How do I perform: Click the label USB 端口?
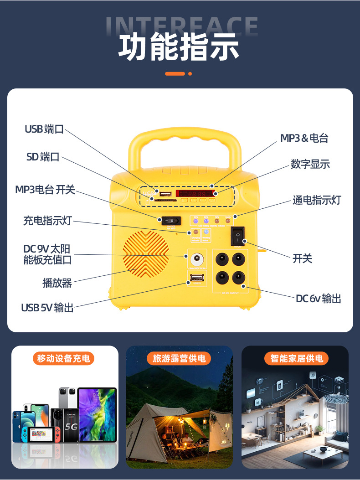point(44,129)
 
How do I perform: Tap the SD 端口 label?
point(43,157)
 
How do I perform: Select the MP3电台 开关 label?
point(45,190)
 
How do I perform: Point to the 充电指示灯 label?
point(47,221)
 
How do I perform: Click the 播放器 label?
point(57,283)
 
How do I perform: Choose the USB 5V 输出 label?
point(47,308)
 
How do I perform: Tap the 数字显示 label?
point(310,165)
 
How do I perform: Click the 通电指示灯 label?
point(316,200)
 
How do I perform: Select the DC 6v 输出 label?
point(318,299)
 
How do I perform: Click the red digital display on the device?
point(196,193)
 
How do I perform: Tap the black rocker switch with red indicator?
point(237,236)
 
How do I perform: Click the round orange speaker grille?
point(145,255)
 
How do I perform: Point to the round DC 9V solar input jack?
point(196,259)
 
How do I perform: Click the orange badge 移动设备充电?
point(64,358)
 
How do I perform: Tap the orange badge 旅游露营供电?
point(179,358)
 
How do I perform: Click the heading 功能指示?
point(179,46)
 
